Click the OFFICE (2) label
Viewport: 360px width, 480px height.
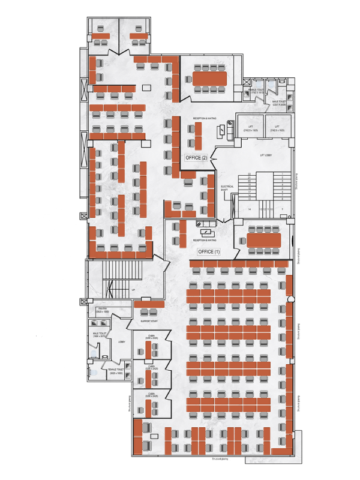(196, 157)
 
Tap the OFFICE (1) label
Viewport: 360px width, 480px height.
(209, 251)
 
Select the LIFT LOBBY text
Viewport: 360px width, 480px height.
(266, 155)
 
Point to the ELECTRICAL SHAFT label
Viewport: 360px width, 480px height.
(227, 188)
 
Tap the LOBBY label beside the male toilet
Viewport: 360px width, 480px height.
(122, 342)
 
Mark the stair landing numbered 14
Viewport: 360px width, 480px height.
(248, 208)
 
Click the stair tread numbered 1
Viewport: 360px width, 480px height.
(282, 175)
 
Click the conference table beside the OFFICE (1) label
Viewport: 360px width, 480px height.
(263, 239)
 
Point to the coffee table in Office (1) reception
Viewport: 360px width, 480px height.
(207, 232)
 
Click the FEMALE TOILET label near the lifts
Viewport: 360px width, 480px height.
(256, 91)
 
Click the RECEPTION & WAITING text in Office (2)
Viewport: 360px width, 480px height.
(205, 119)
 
